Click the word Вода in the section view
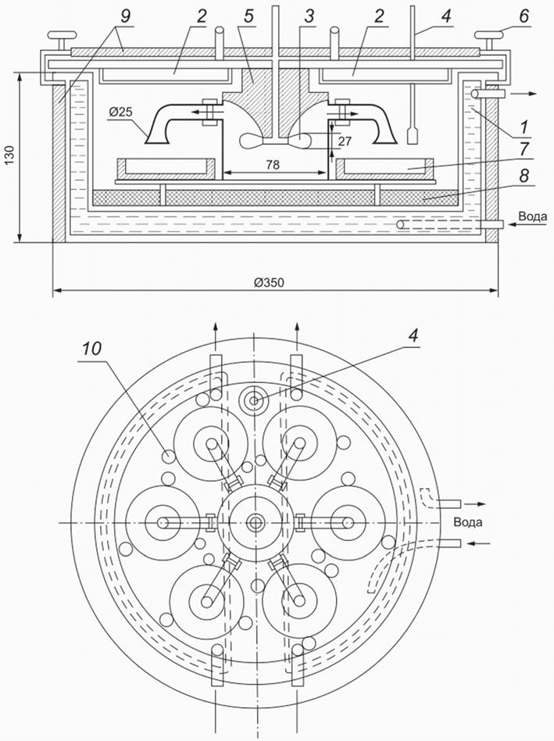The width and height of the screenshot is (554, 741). point(531,214)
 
